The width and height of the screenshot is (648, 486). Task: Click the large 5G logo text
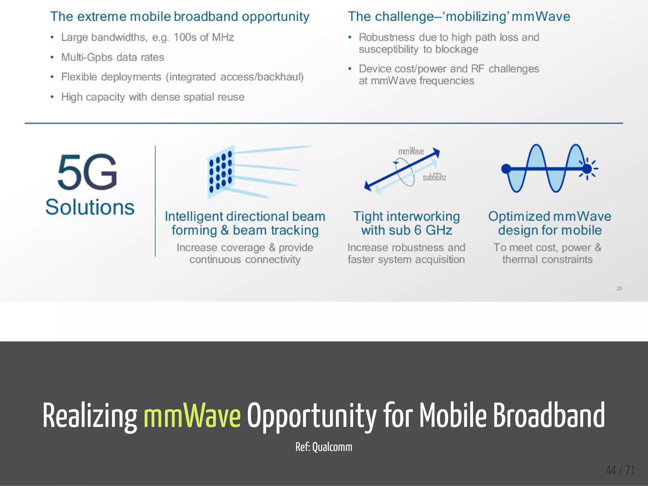point(87,172)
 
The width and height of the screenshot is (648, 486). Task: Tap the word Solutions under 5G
point(90,207)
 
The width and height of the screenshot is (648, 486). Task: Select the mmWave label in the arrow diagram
point(411,151)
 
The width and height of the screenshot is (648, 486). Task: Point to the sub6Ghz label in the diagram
point(434,177)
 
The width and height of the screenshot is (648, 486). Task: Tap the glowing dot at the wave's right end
point(587,169)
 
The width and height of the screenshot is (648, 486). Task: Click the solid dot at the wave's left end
point(506,169)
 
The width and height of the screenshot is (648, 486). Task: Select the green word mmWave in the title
point(192,415)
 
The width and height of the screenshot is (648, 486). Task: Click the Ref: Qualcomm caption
point(324,447)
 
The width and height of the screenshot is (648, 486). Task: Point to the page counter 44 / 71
point(620,470)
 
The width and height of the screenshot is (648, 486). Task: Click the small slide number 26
point(619,288)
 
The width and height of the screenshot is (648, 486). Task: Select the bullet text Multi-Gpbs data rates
point(113,57)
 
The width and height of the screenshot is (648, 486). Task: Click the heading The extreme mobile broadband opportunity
point(180,16)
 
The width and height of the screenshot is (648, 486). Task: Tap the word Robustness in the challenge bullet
point(386,37)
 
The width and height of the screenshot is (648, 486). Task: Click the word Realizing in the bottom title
point(90,415)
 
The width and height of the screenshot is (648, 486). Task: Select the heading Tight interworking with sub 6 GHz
point(407,223)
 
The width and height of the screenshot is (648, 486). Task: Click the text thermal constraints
point(547,259)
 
